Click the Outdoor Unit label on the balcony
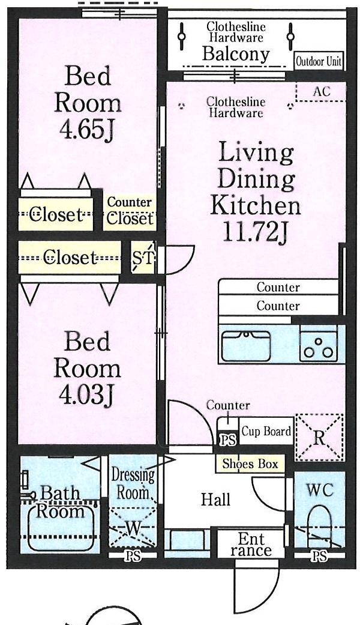(x=318, y=62)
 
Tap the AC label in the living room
(x=322, y=91)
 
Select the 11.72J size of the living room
(x=255, y=231)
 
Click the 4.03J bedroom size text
(x=87, y=394)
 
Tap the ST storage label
(x=143, y=258)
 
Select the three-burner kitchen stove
(x=318, y=343)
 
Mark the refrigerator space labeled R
(x=319, y=438)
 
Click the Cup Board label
(x=266, y=431)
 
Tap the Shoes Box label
(x=250, y=463)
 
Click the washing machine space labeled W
(x=133, y=527)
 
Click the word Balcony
(x=236, y=53)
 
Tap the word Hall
(x=215, y=500)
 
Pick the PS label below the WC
(x=319, y=555)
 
